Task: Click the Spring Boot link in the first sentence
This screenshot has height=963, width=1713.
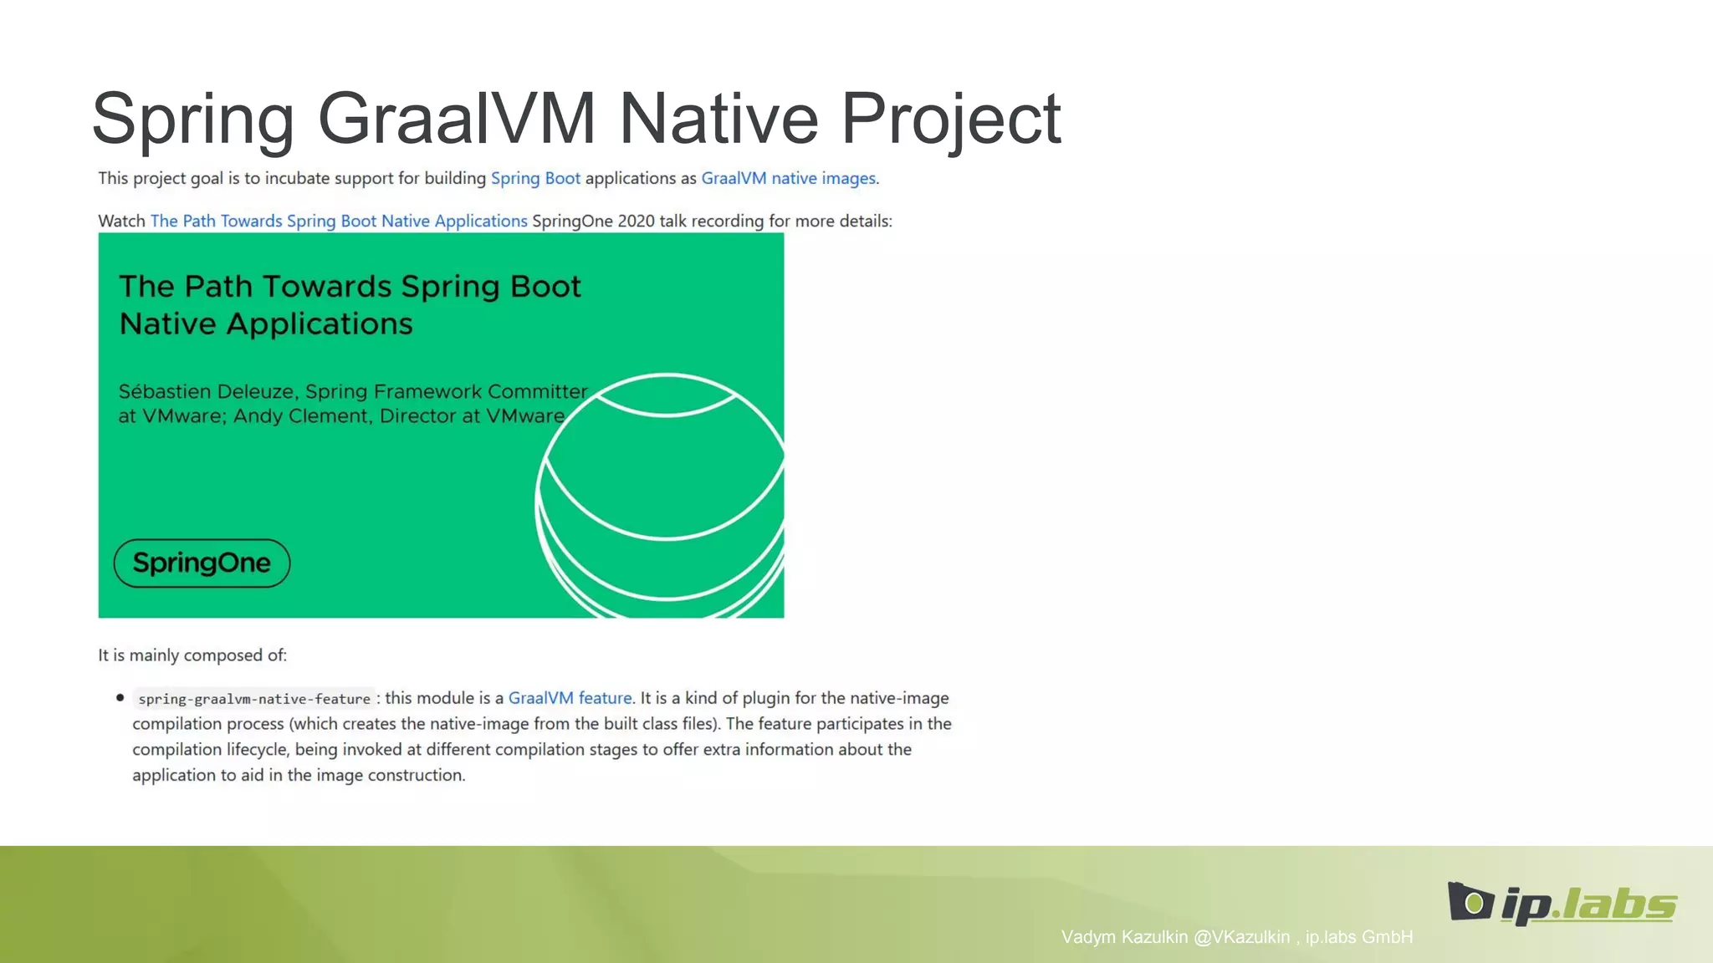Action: (535, 178)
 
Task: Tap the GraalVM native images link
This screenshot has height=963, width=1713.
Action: (790, 178)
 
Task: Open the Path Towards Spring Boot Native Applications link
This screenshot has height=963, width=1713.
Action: (339, 221)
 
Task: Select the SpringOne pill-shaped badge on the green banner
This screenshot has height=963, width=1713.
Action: (202, 563)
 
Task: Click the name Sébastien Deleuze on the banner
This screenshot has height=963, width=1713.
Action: (207, 391)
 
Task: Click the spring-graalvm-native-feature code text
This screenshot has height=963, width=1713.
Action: (254, 699)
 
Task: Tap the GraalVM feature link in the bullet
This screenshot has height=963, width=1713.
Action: (570, 698)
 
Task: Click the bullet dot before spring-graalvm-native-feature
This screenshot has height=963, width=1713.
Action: (120, 697)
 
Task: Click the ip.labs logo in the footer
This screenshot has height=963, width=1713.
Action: (1562, 903)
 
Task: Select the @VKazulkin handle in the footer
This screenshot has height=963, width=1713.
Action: (1241, 937)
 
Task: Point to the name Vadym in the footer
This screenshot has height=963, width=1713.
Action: (1089, 937)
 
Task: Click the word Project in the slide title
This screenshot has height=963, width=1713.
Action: (951, 119)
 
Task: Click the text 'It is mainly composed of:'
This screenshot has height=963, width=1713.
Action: (192, 655)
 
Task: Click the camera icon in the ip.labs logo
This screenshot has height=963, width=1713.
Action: (1470, 901)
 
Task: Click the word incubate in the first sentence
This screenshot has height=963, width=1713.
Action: (297, 178)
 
